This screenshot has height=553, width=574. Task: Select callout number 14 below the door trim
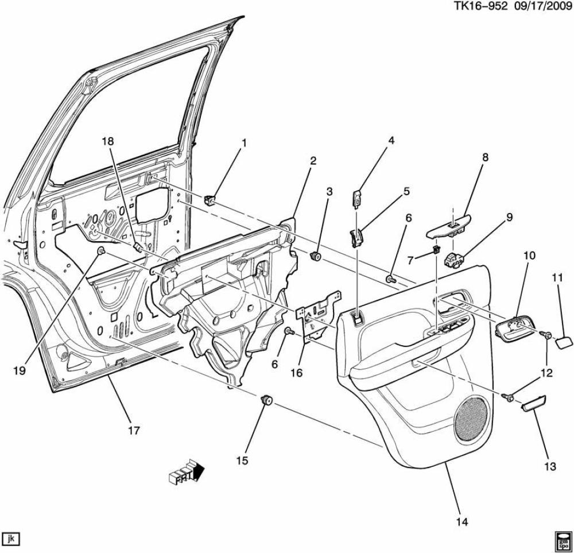point(462,521)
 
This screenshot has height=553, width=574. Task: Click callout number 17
point(133,431)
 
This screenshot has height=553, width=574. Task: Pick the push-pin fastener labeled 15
point(266,400)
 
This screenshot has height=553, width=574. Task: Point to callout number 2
point(313,161)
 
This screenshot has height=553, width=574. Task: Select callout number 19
point(19,371)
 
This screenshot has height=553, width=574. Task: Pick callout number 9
point(509,217)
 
